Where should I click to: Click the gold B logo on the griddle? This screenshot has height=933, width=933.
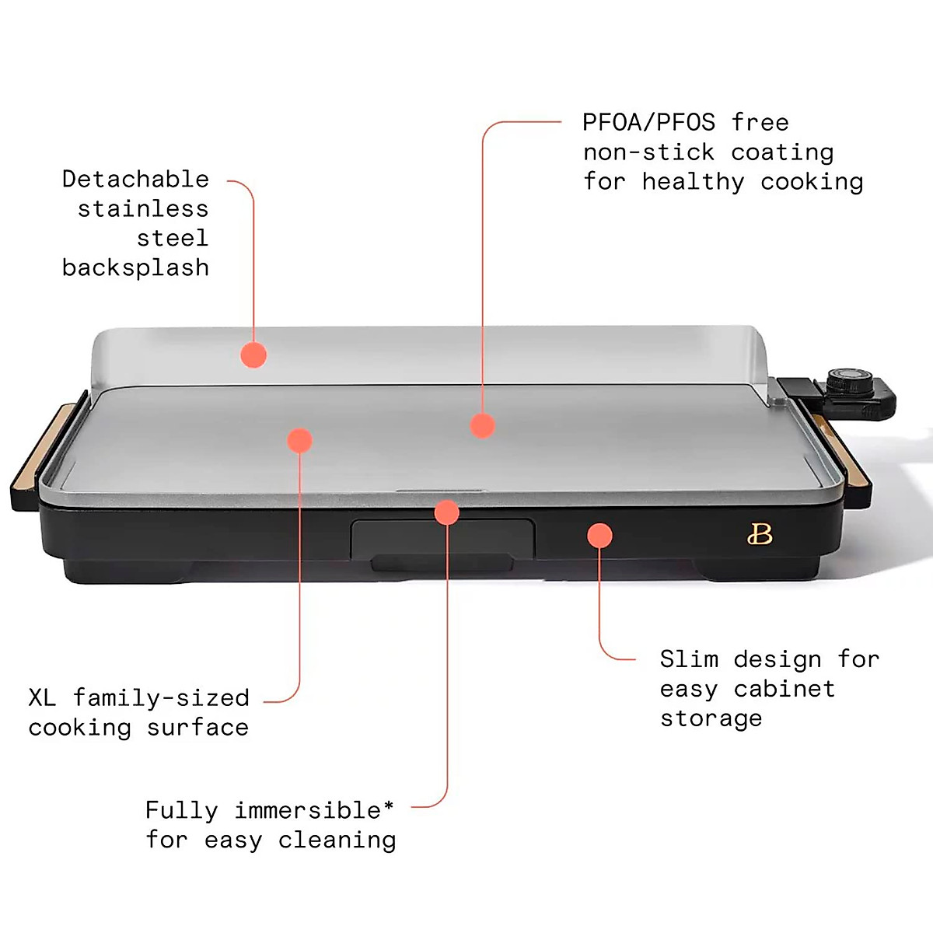760,534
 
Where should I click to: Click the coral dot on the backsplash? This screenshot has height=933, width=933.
253,355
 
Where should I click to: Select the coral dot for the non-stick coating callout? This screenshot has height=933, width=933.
482,425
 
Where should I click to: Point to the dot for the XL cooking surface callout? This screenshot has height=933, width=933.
299,441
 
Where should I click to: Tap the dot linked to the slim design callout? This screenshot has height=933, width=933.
599,536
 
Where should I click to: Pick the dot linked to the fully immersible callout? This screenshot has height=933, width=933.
447,512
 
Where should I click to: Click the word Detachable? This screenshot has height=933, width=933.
135,180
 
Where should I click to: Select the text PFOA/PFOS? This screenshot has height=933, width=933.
648,123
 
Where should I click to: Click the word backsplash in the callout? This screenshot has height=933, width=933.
135,268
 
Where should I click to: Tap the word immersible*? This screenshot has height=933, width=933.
314,810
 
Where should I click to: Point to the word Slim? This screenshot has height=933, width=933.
689,659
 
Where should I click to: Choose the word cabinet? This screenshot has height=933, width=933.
784,689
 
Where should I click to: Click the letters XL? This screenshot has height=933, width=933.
42,697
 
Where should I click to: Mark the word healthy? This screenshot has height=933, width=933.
693,182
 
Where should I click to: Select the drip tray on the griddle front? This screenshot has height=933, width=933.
442,539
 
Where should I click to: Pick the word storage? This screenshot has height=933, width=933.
711,718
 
